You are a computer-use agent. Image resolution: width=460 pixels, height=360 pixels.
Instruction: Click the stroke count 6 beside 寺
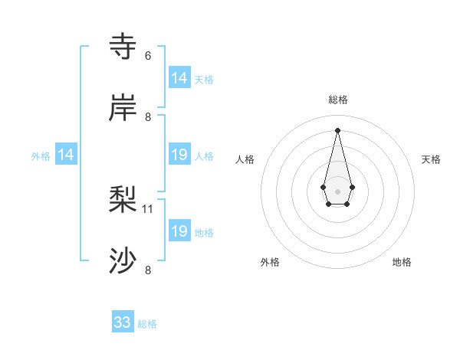(x=148, y=56)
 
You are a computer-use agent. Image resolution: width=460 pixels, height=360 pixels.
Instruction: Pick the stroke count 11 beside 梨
(x=149, y=208)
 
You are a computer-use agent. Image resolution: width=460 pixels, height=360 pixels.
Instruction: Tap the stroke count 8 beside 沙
(x=148, y=270)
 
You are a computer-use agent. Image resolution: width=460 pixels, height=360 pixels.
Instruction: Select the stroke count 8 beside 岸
(x=148, y=117)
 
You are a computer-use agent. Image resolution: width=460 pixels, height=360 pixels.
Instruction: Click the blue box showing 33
(x=123, y=322)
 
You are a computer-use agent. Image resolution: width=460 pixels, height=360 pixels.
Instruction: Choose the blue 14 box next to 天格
(x=179, y=78)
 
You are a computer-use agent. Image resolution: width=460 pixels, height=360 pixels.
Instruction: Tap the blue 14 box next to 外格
(x=66, y=155)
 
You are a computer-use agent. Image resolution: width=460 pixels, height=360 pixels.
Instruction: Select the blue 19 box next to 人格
(x=179, y=155)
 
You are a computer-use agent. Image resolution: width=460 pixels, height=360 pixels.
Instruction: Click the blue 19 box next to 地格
(x=179, y=231)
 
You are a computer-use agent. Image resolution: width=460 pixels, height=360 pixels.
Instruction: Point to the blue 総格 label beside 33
(x=147, y=324)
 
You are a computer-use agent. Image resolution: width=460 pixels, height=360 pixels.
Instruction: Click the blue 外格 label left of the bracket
(x=41, y=156)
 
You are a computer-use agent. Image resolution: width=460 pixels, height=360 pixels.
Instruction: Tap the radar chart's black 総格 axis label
(x=338, y=100)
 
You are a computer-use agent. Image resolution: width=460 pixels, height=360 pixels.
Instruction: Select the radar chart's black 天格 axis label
(x=431, y=159)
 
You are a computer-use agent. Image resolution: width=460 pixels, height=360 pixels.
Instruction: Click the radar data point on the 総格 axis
(x=337, y=129)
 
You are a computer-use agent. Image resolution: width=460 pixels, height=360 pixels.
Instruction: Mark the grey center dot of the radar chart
(x=337, y=191)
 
